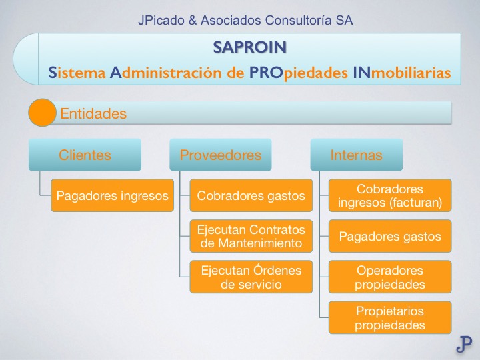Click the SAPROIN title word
(250, 47)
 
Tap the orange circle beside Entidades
(42, 113)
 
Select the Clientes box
(85, 155)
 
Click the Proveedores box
(221, 155)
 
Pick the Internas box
(357, 155)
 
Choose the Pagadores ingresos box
(112, 196)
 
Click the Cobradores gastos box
(251, 196)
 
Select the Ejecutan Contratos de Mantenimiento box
(251, 236)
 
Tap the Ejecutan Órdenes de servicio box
(251, 277)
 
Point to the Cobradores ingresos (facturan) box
(390, 196)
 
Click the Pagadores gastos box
(390, 236)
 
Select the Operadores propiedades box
(390, 277)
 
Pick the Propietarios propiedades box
(390, 318)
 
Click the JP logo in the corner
(464, 344)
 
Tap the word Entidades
(93, 114)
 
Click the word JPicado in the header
(161, 21)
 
